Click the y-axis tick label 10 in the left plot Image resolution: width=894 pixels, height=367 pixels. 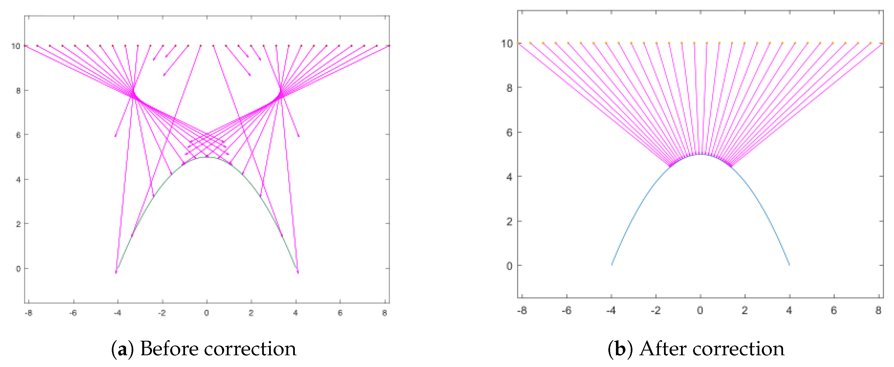[16, 46]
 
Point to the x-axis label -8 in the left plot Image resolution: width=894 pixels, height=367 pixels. [29, 313]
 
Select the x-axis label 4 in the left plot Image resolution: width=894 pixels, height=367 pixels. [296, 313]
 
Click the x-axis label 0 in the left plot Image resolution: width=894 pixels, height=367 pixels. [207, 313]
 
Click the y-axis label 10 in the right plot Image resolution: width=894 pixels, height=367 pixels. [507, 43]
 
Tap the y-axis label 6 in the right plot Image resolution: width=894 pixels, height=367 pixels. [509, 132]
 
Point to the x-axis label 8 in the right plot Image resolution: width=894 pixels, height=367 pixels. [878, 311]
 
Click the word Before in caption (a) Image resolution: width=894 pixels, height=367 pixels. [169, 349]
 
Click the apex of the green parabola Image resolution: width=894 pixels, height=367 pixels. [207, 158]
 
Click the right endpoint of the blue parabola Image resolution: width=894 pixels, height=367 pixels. [789, 265]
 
